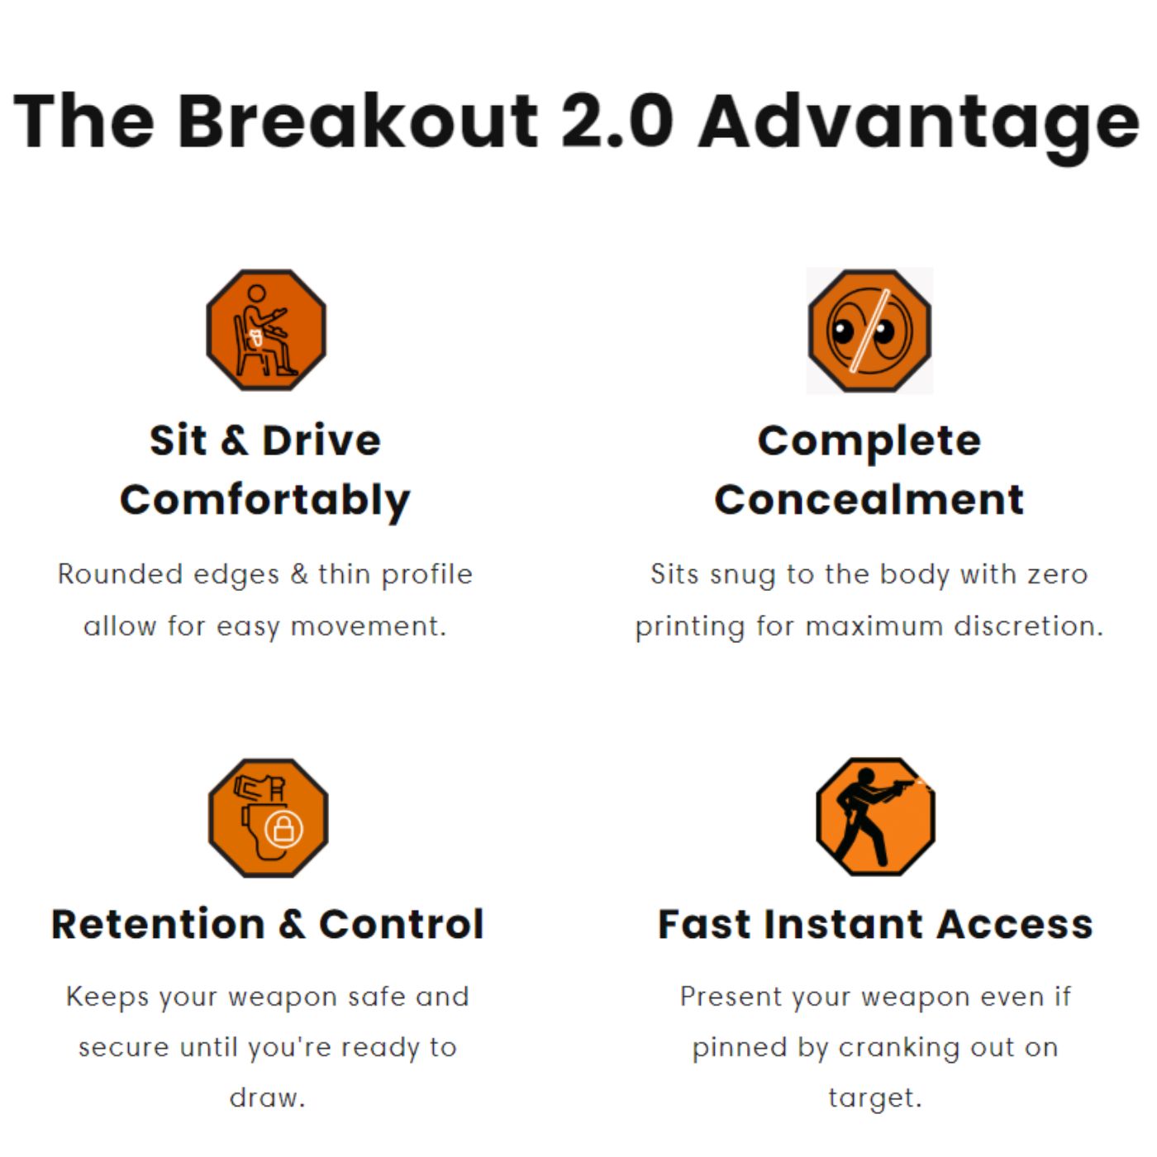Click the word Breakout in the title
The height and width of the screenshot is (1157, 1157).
click(357, 121)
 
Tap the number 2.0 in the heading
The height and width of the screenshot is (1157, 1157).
click(618, 122)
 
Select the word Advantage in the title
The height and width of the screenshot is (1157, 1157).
click(919, 127)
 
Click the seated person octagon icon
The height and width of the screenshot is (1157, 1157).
click(266, 330)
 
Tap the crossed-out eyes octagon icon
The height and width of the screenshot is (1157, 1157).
click(869, 331)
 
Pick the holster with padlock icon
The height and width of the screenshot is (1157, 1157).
click(268, 818)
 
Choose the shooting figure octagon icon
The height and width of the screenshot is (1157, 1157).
click(875, 817)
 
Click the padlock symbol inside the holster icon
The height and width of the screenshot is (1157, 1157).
click(283, 829)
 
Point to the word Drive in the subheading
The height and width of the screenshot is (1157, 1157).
click(321, 440)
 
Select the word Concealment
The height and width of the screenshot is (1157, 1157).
click(869, 499)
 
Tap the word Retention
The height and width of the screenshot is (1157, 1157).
click(158, 924)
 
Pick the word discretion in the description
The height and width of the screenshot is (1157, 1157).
click(1029, 626)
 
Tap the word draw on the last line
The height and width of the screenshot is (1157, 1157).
click(267, 1097)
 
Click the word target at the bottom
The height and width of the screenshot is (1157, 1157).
click(875, 1098)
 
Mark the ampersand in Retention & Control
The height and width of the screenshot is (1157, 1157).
click(292, 924)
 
